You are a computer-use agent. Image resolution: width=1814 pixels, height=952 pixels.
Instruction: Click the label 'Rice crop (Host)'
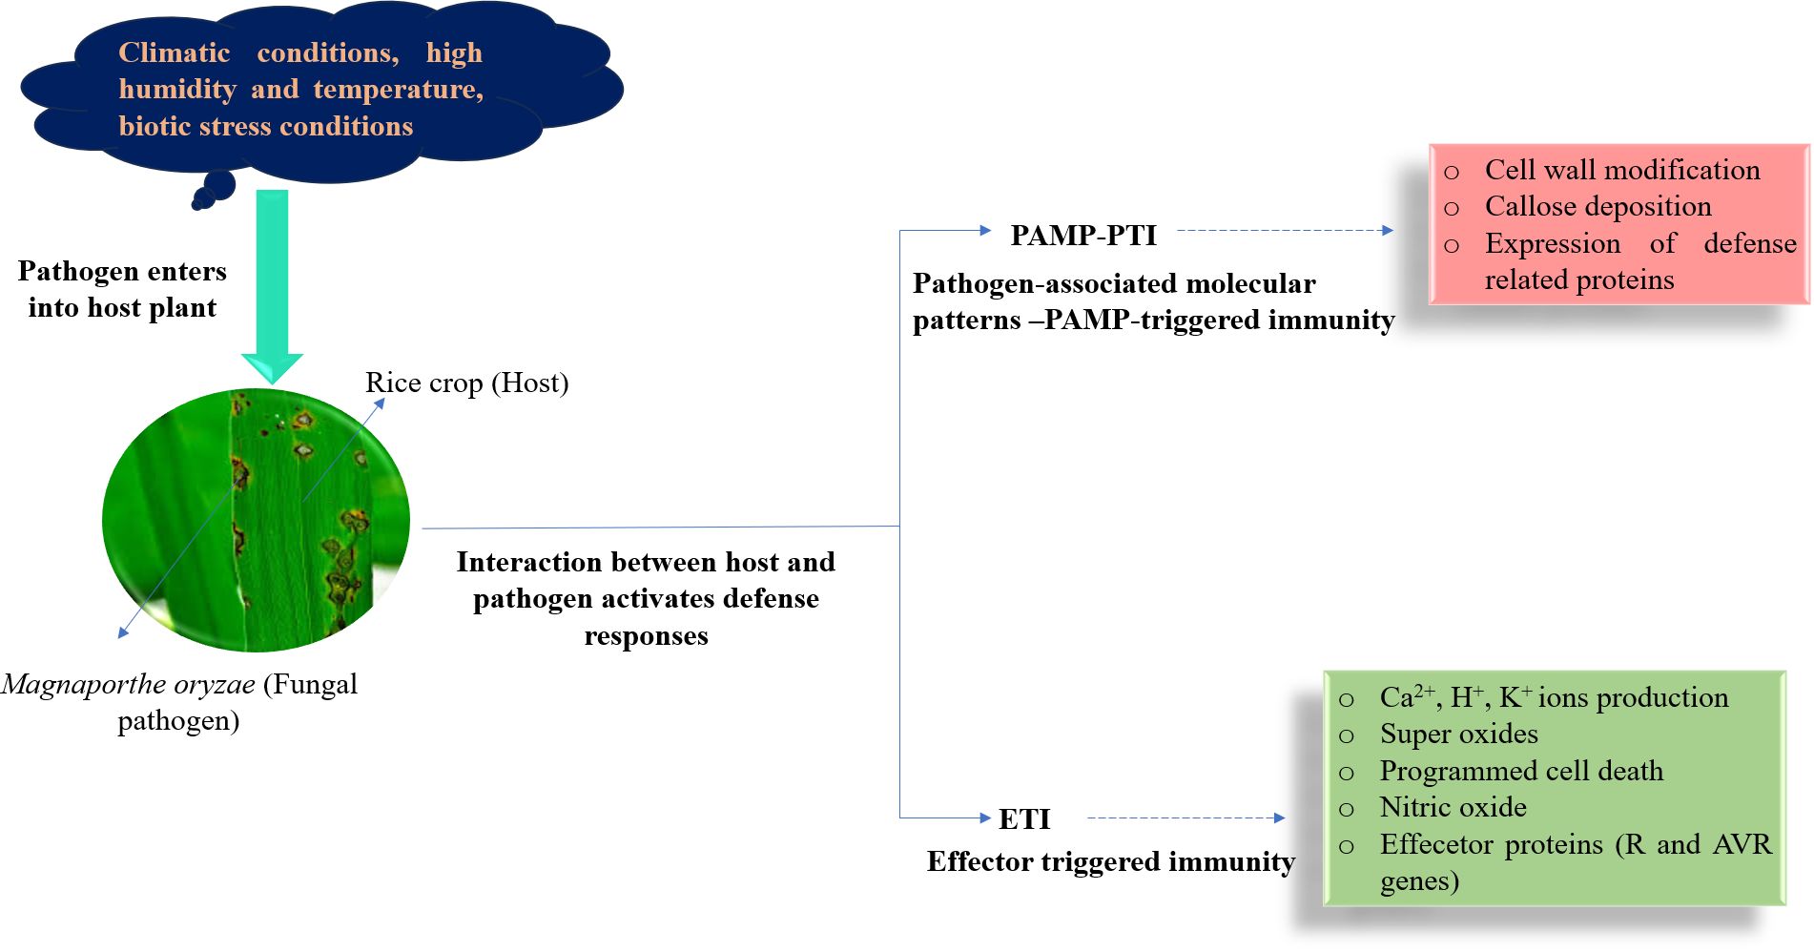[466, 383]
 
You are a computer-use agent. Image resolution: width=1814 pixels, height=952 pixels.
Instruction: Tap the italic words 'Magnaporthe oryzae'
[129, 684]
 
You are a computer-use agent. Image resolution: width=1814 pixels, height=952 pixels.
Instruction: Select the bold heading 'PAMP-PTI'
[1083, 235]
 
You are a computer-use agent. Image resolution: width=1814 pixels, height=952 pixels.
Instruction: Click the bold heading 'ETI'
[1024, 818]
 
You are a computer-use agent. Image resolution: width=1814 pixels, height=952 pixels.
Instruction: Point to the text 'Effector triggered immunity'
[1110, 861]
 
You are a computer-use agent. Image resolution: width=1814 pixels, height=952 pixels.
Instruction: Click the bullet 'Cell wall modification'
[1621, 170]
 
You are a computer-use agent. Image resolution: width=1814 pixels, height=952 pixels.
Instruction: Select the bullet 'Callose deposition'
[1598, 206]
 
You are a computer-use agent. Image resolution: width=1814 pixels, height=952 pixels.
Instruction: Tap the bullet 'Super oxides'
[1458, 734]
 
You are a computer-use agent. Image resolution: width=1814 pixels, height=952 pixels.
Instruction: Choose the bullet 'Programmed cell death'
[1520, 771]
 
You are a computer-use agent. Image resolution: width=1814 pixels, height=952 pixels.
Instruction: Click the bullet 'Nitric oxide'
[1453, 807]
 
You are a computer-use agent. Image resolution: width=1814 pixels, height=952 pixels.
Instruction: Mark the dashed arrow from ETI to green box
[1185, 817]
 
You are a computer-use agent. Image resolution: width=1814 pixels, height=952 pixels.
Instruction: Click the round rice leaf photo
[256, 520]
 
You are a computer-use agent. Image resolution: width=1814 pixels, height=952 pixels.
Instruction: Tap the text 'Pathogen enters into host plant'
[122, 289]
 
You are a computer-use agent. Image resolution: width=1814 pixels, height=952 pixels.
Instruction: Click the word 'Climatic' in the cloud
[174, 52]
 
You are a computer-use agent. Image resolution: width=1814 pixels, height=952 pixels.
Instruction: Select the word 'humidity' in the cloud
[177, 89]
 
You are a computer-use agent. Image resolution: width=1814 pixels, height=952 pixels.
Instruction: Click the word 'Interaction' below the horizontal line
[530, 562]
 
